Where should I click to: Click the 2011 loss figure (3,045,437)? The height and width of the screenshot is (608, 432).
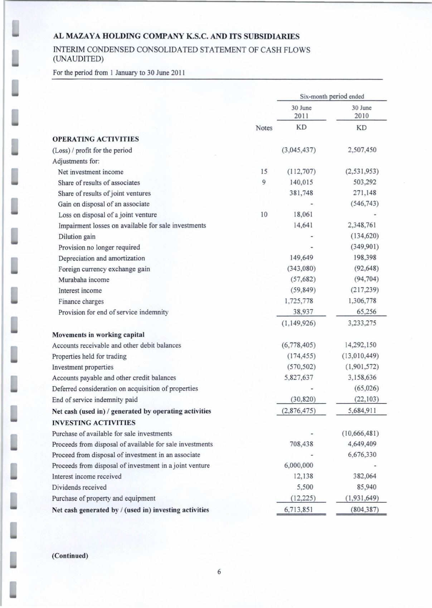(298, 150)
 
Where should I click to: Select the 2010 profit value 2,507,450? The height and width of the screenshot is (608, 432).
(362, 150)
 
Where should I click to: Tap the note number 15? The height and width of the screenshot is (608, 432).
(264, 172)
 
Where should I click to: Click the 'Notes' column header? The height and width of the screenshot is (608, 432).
(264, 128)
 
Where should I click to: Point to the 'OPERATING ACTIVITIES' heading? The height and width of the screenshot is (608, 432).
(96, 139)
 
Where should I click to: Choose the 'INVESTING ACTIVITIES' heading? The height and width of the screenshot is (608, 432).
(94, 423)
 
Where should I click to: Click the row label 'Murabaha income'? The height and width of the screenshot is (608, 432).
(84, 280)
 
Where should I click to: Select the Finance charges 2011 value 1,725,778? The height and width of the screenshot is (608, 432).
(298, 301)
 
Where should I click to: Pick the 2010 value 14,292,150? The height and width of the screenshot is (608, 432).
(360, 345)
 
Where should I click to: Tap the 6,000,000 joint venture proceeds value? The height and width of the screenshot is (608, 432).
(298, 465)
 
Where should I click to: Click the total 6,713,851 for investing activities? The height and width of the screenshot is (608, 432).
(298, 509)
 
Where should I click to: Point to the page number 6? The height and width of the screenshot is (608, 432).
(219, 572)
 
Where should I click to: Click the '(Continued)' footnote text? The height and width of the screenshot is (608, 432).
(70, 556)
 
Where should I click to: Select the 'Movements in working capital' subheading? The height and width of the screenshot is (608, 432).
(98, 335)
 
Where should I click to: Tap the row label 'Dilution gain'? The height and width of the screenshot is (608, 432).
(77, 236)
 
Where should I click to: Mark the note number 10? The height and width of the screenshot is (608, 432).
(264, 215)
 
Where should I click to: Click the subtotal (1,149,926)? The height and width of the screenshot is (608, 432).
(298, 323)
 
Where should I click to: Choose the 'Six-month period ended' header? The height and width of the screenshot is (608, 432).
(332, 96)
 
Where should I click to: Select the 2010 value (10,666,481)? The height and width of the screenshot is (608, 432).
(360, 434)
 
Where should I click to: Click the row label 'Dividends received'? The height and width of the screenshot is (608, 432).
(79, 487)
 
